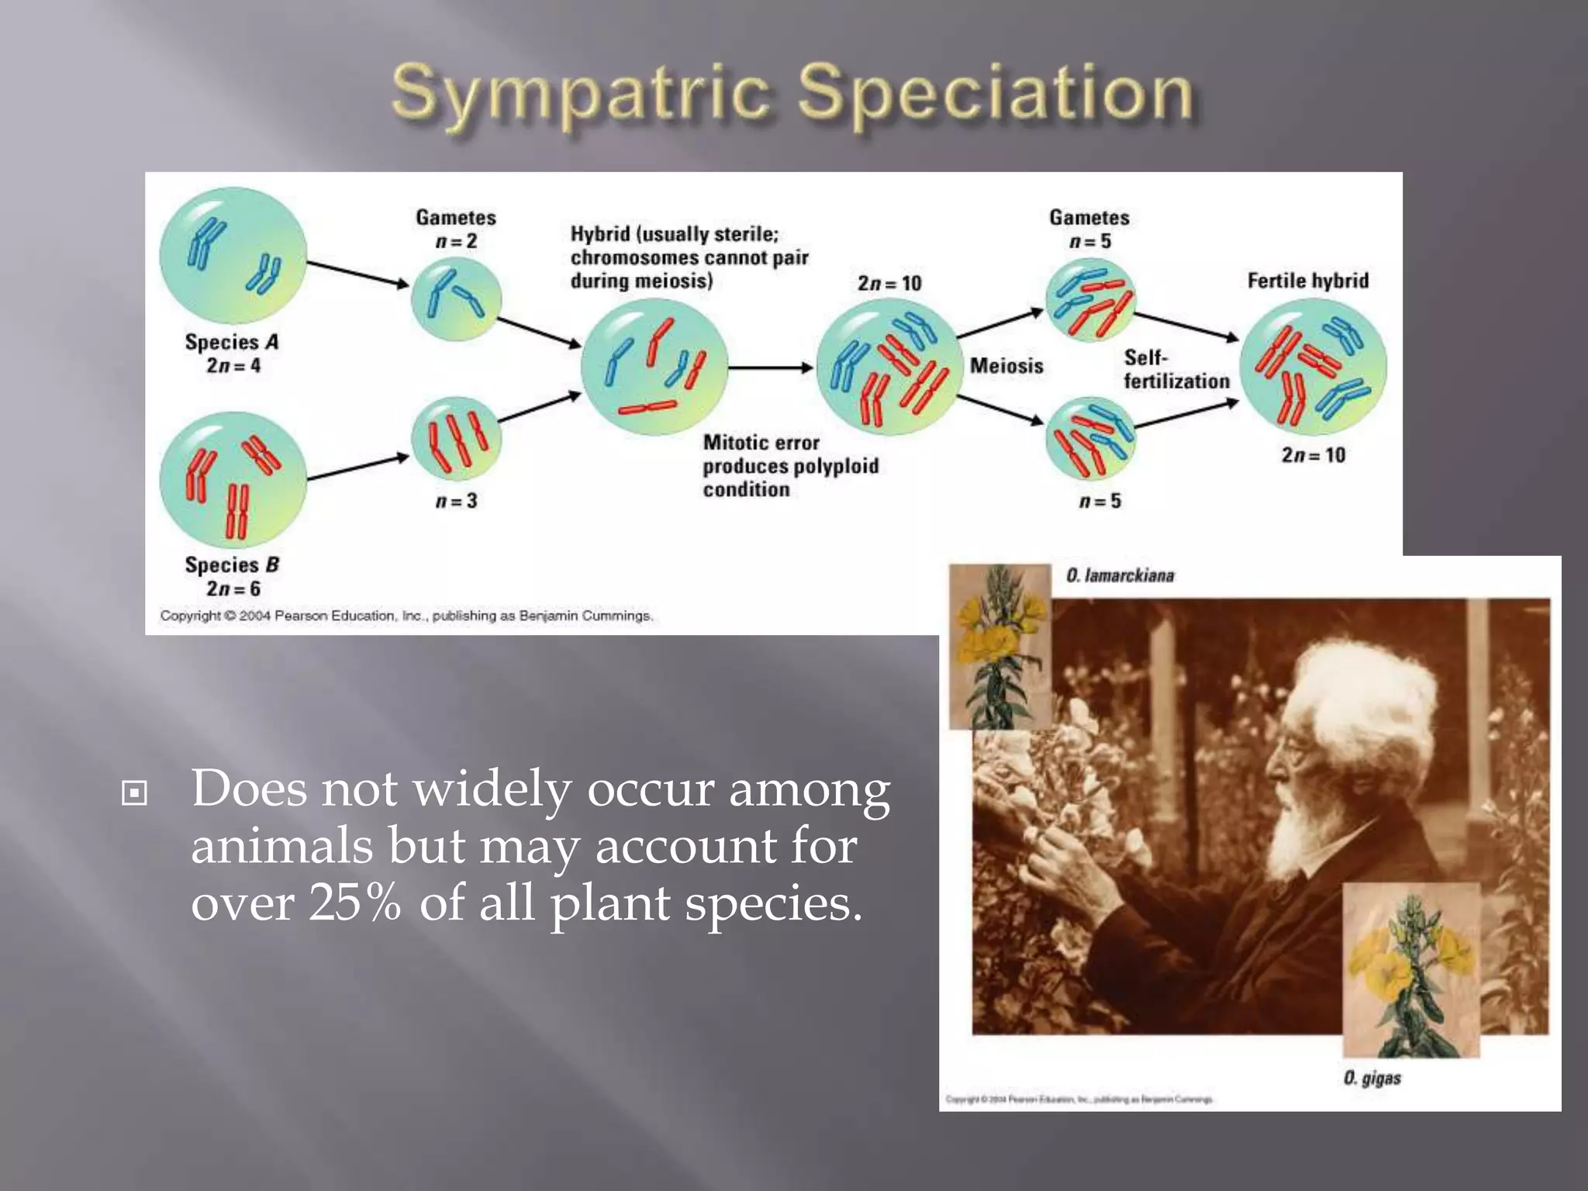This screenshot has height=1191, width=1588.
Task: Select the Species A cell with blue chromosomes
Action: [233, 255]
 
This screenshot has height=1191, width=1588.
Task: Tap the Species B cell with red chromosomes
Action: [233, 480]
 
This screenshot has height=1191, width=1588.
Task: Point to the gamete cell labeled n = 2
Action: [456, 299]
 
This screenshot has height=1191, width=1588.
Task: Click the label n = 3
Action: [456, 501]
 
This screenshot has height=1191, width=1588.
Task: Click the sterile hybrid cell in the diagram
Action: [654, 368]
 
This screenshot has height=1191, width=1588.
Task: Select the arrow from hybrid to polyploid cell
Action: [770, 368]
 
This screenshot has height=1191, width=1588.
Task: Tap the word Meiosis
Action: [1006, 365]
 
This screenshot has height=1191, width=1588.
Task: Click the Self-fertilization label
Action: [1175, 369]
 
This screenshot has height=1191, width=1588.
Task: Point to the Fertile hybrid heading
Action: [1307, 280]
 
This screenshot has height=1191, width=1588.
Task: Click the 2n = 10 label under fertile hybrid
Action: [1313, 455]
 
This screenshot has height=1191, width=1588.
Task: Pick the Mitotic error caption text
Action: [790, 465]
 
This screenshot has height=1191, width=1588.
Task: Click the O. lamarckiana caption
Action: [1120, 575]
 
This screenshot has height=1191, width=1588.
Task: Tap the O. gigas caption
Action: [1372, 1078]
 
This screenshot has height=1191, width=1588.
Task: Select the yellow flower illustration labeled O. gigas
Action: [1410, 969]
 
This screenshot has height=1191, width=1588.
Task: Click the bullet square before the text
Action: [134, 793]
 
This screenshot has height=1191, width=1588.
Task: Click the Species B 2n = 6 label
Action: [232, 577]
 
